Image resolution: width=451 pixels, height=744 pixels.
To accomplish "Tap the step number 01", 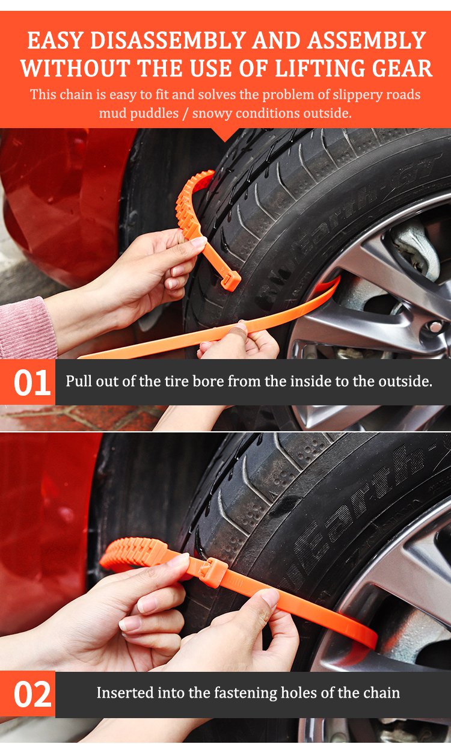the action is [32, 383].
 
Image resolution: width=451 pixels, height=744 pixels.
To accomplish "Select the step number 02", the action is [32, 694].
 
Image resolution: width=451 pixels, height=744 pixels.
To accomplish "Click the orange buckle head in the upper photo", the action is [231, 280].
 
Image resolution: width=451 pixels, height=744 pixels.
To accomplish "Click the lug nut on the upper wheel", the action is [435, 327].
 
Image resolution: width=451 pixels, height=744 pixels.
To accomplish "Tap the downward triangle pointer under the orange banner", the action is [225, 135].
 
